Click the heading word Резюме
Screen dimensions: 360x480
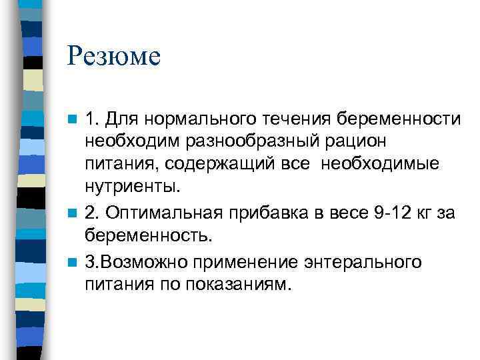coord(113,55)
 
